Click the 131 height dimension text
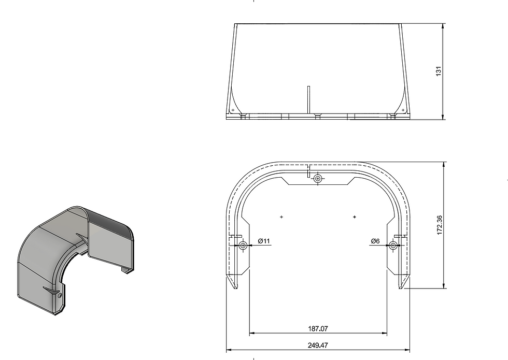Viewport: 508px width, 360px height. coord(439,71)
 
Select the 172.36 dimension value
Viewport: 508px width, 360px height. coord(440,225)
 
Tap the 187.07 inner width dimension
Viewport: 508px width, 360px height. coord(318,328)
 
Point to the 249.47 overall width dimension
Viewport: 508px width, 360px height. coord(318,345)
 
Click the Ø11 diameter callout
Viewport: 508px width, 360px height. coord(264,241)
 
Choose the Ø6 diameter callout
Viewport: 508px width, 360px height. coord(375,241)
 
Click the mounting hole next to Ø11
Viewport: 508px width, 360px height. coord(243,246)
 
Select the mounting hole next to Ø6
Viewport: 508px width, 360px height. coord(393,246)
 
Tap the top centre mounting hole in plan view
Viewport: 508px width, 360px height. coord(318,179)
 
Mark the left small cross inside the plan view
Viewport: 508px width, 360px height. coord(281,217)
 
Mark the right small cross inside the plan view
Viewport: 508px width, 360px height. coord(355,217)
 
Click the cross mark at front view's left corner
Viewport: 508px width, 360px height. coord(233,110)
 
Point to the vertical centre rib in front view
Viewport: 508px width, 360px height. coord(308,98)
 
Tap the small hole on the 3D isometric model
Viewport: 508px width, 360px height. coord(61,295)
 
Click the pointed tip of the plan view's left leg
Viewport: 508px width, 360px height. coord(236,288)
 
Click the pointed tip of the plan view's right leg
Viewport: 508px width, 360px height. coord(400,288)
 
